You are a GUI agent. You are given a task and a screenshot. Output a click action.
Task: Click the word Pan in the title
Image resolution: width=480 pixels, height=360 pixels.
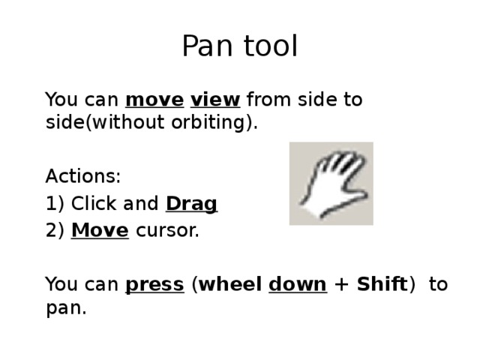point(208,47)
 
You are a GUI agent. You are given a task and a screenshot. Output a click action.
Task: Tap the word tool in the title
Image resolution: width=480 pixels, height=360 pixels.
point(269,47)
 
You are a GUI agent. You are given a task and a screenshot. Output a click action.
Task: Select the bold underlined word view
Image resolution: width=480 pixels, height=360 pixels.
point(215,100)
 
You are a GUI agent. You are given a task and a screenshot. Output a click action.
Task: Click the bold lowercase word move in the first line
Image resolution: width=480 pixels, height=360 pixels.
point(154,100)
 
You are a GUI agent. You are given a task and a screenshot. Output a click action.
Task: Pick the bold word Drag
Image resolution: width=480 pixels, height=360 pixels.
point(191,204)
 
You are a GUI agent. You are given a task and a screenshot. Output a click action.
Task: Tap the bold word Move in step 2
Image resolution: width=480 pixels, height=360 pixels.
point(100,230)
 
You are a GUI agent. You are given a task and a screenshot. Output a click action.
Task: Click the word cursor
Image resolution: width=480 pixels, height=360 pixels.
point(167,230)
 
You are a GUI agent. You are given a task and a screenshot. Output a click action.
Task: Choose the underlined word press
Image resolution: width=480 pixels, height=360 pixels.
point(154,285)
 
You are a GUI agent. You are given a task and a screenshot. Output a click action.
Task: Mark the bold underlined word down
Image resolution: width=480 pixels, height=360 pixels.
point(297,285)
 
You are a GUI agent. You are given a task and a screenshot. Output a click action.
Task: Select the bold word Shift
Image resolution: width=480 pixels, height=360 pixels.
point(381,285)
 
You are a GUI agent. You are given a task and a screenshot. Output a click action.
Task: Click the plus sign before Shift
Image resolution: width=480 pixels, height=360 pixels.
point(341,286)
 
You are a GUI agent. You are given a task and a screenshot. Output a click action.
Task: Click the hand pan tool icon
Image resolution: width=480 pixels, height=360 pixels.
point(331,184)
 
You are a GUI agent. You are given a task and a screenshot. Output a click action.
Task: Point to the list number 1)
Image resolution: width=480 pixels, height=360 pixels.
point(55,204)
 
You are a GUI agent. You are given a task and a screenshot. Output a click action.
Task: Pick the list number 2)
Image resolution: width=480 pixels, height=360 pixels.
point(55,230)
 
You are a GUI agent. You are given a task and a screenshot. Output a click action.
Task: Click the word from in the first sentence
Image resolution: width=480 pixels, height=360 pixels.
point(267,100)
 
